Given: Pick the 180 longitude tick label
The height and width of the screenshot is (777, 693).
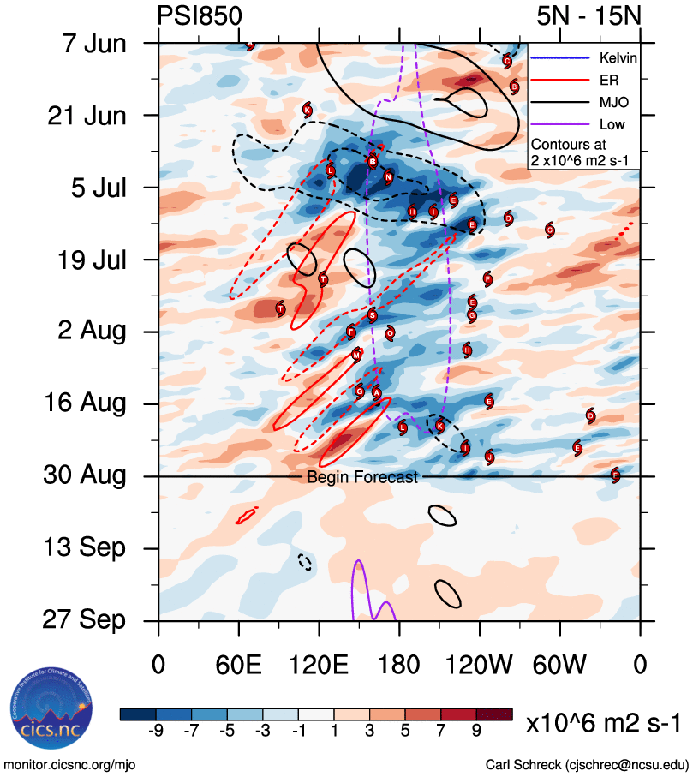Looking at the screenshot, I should coord(399,664).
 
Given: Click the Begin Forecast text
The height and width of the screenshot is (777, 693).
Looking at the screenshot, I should coord(362,477).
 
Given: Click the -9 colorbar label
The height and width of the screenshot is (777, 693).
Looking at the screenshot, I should coord(155,730).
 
